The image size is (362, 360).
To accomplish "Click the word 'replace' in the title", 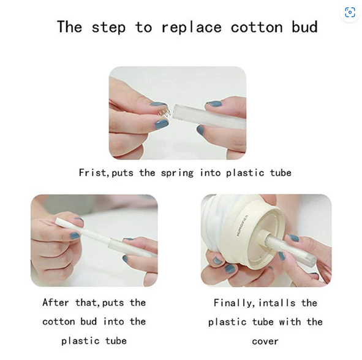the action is (191, 28).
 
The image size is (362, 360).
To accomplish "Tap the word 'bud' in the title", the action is (305, 26).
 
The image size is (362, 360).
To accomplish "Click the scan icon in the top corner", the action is (350, 12).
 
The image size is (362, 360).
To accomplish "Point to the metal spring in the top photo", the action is (164, 113).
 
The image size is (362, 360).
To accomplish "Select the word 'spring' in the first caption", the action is (177, 174).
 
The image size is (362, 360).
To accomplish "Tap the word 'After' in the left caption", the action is (56, 302).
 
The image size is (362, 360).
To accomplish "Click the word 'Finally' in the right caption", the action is (233, 303).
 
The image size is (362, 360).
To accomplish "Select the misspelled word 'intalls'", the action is (277, 303).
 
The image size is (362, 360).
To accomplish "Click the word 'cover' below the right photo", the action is (265, 342).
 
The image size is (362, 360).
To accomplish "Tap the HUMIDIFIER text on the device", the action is (242, 226).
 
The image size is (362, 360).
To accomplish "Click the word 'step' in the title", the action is (108, 28).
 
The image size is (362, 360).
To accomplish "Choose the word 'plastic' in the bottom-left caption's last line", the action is (80, 341).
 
